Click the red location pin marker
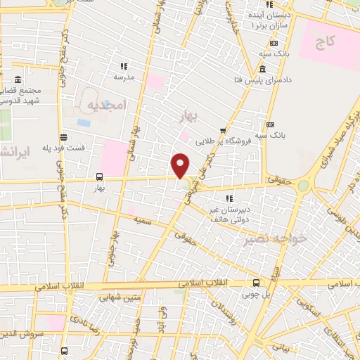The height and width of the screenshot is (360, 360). (x=181, y=165)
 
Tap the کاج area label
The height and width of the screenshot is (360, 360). (x=325, y=43)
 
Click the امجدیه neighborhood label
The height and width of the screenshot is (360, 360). (x=105, y=105)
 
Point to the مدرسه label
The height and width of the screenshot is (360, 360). (x=124, y=76)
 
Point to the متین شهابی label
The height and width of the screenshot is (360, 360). (x=111, y=297)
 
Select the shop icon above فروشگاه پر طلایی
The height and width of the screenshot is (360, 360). (x=223, y=130)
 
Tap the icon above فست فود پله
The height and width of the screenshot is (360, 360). (x=63, y=137)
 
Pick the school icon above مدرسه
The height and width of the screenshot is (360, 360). (x=124, y=66)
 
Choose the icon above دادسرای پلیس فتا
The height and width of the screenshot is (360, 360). (x=262, y=69)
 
